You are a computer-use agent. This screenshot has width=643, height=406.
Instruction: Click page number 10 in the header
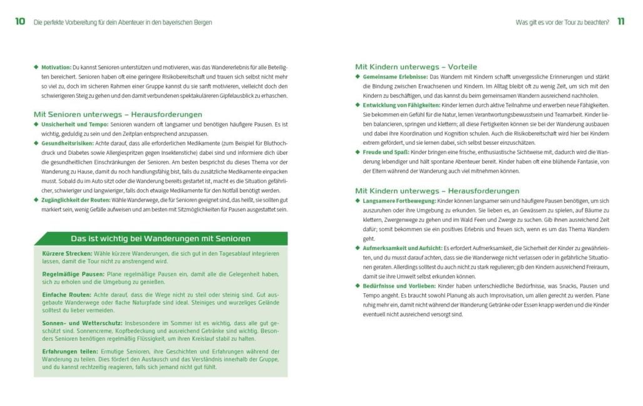[x=20, y=22]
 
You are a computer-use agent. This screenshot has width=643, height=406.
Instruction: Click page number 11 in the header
[x=620, y=22]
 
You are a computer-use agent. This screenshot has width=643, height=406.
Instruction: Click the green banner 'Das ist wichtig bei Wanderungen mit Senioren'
[x=161, y=238]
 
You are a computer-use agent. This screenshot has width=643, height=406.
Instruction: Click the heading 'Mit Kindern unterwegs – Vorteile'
[x=416, y=66]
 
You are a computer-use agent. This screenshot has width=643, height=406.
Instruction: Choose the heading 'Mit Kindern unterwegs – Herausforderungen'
[x=437, y=190]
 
